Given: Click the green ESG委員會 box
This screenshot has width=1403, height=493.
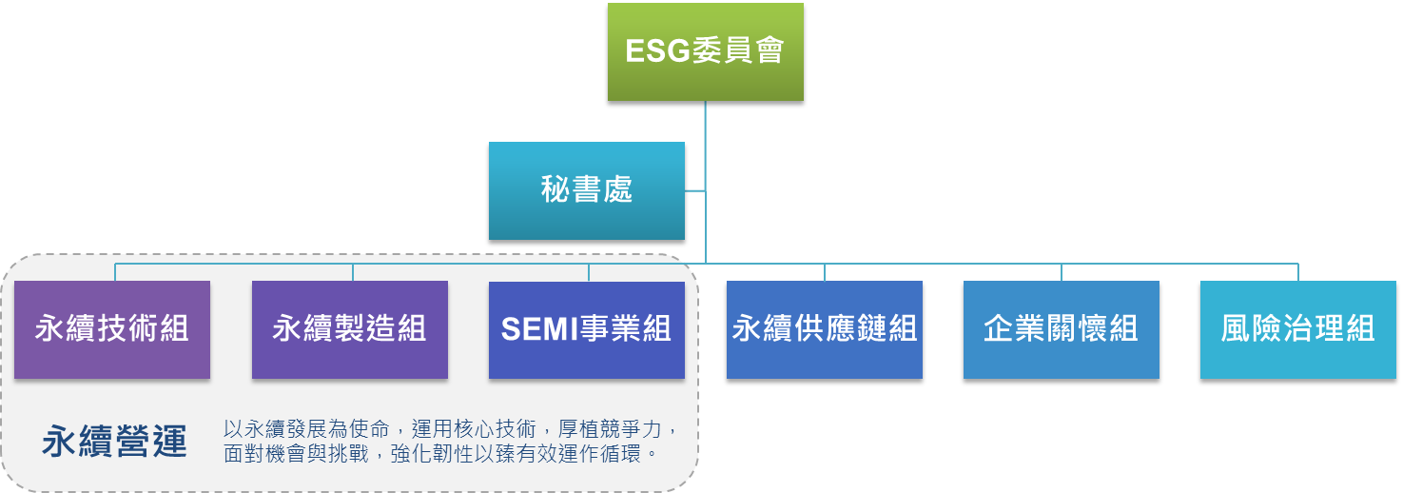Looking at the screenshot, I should click(x=705, y=51).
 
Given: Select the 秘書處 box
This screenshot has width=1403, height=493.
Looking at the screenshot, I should click(x=586, y=190).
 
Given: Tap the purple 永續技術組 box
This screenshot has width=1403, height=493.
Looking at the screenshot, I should click(x=112, y=329).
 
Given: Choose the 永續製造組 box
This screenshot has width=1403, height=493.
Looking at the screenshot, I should click(x=349, y=329).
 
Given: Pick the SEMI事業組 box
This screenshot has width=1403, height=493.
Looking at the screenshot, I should click(x=586, y=329).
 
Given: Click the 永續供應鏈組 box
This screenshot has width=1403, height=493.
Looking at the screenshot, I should click(x=824, y=329).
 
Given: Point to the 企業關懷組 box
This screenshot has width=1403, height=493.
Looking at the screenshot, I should click(x=1061, y=329).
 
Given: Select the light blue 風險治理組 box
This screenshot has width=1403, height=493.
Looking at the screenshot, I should click(x=1297, y=329).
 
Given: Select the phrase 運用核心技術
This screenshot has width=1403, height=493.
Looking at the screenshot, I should click(x=462, y=429).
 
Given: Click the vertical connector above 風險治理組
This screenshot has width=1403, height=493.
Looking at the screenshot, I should click(x=1297, y=272).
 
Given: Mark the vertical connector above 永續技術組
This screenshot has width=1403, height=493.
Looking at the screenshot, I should click(x=115, y=272).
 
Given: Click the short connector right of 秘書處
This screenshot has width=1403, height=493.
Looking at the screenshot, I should click(x=694, y=191).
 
